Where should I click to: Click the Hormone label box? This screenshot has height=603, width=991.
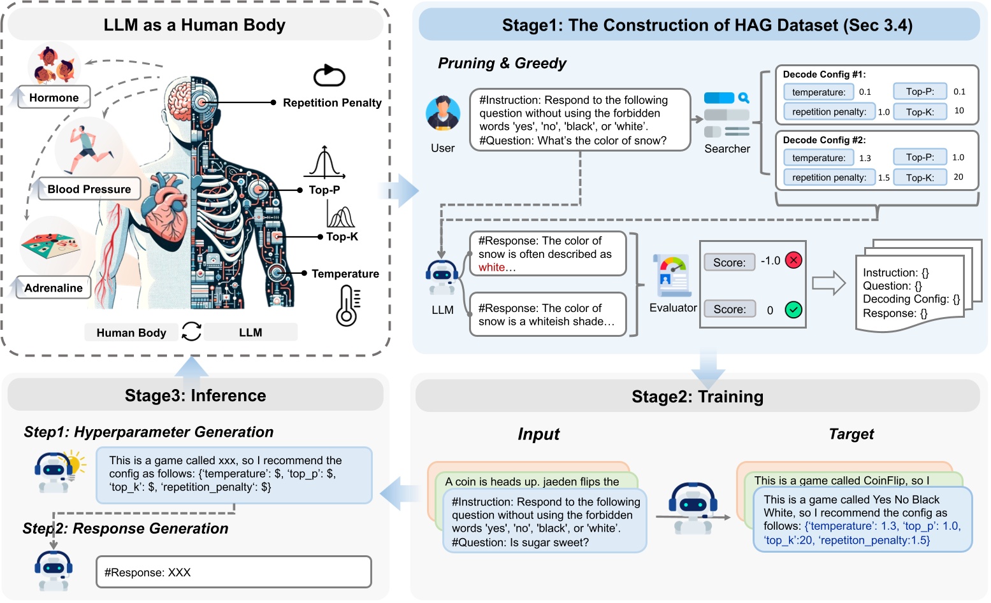[54, 97]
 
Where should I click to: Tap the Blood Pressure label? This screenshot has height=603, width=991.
[89, 189]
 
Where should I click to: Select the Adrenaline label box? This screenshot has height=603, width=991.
[54, 288]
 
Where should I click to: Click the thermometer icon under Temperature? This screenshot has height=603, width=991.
[347, 306]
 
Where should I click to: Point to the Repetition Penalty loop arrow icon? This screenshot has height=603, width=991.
[329, 76]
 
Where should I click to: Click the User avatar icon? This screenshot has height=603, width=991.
[443, 114]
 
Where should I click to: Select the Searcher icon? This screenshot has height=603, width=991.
[727, 115]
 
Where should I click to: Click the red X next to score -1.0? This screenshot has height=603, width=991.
[793, 260]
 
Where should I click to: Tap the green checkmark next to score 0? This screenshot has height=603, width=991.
[793, 309]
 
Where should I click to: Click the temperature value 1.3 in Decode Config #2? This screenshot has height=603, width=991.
[865, 158]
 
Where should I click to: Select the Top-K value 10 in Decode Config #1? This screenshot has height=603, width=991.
[959, 111]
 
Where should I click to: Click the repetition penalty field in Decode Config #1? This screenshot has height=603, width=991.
[829, 111]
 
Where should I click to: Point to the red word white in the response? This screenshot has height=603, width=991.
[492, 267]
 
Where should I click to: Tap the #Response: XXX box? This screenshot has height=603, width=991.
[233, 572]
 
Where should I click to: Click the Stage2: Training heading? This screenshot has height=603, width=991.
[697, 397]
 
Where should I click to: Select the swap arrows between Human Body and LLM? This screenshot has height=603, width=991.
[191, 331]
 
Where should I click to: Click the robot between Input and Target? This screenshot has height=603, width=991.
[693, 507]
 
